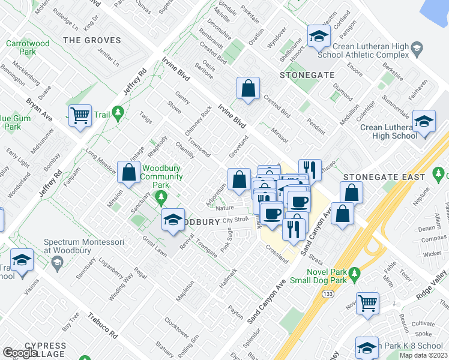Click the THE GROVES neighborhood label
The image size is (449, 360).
tap(92, 41)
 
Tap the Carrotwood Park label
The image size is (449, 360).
tap(28, 47)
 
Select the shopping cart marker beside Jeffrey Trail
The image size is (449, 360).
tap(80, 115)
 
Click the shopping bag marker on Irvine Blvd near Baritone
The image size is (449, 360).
tap(247, 89)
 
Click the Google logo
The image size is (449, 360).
tap(21, 353)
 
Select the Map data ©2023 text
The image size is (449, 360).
tap(423, 355)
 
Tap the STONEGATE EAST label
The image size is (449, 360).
tap(384, 177)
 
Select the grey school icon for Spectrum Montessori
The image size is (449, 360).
tap(56, 263)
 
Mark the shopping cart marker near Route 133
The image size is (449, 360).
tap(368, 302)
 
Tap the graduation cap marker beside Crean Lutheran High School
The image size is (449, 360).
tap(424, 122)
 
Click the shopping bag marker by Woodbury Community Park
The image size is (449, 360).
tap(128, 172)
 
